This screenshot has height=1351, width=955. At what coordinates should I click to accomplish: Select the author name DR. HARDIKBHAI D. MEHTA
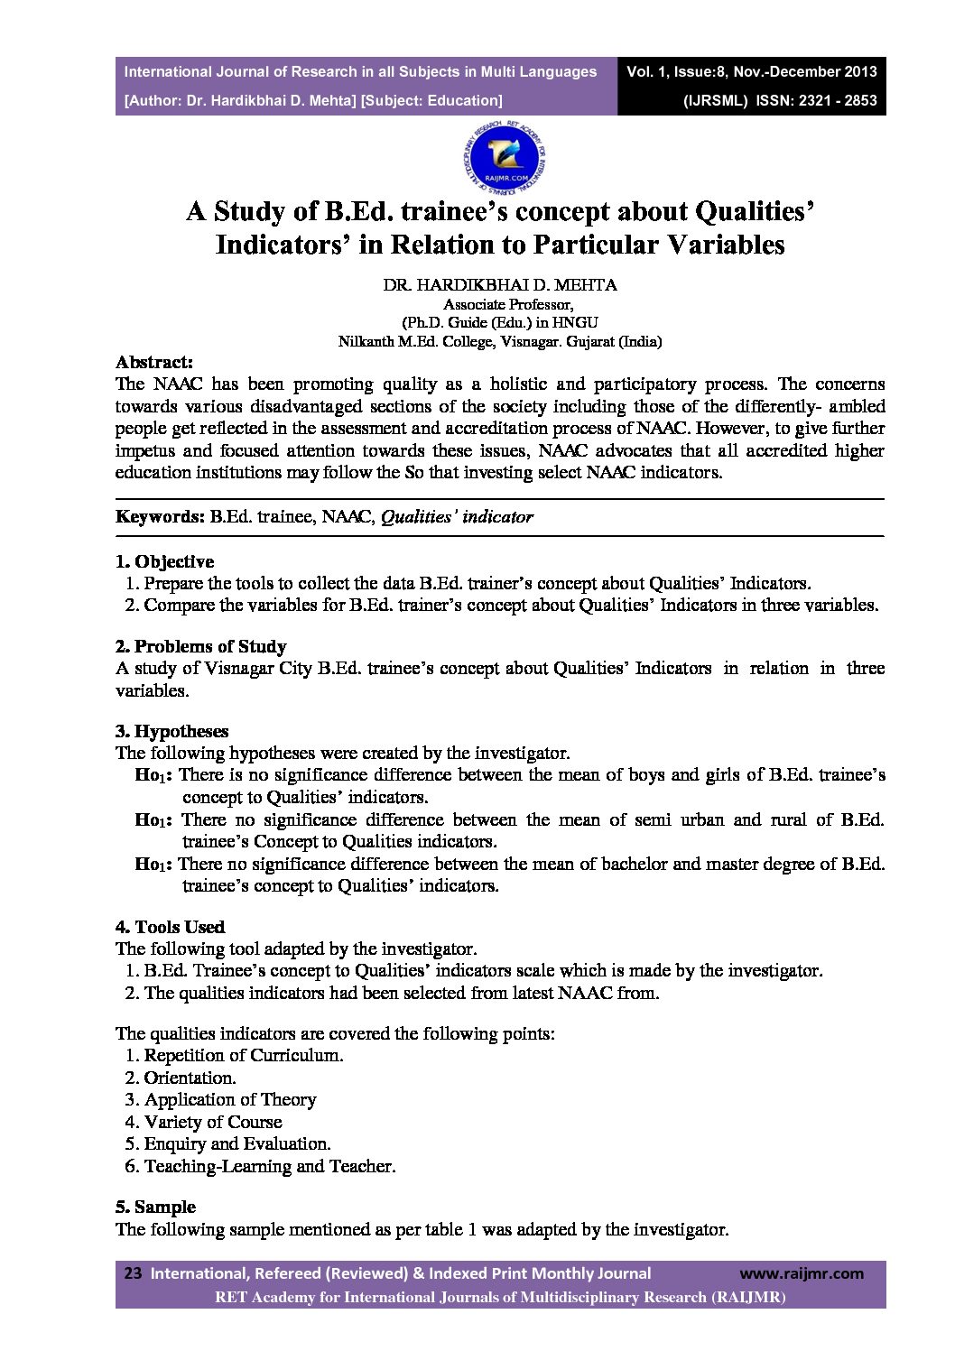tap(500, 285)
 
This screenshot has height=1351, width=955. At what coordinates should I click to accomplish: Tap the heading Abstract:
tap(154, 362)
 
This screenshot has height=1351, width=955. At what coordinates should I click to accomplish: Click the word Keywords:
tap(160, 517)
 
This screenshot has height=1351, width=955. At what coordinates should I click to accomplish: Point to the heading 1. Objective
tap(164, 561)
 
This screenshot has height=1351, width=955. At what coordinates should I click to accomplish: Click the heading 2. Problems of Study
tap(200, 646)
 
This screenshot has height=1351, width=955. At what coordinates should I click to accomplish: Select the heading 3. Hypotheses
tap(172, 731)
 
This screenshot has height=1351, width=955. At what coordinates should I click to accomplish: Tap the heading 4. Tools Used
tap(170, 927)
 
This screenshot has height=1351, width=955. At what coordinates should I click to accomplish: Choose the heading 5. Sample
tap(155, 1207)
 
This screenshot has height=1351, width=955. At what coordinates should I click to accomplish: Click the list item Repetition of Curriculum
tap(244, 1055)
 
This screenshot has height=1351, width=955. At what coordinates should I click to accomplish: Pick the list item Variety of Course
tap(213, 1122)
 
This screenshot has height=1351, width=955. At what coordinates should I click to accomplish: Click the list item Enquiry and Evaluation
tap(237, 1143)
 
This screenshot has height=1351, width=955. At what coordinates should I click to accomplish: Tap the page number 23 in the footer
tap(133, 1273)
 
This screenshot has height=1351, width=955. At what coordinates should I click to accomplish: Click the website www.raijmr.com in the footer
tap(801, 1273)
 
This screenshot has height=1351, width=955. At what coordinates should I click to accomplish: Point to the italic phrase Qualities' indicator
tap(457, 517)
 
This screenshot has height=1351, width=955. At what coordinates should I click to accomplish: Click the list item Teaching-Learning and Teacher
tap(270, 1166)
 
